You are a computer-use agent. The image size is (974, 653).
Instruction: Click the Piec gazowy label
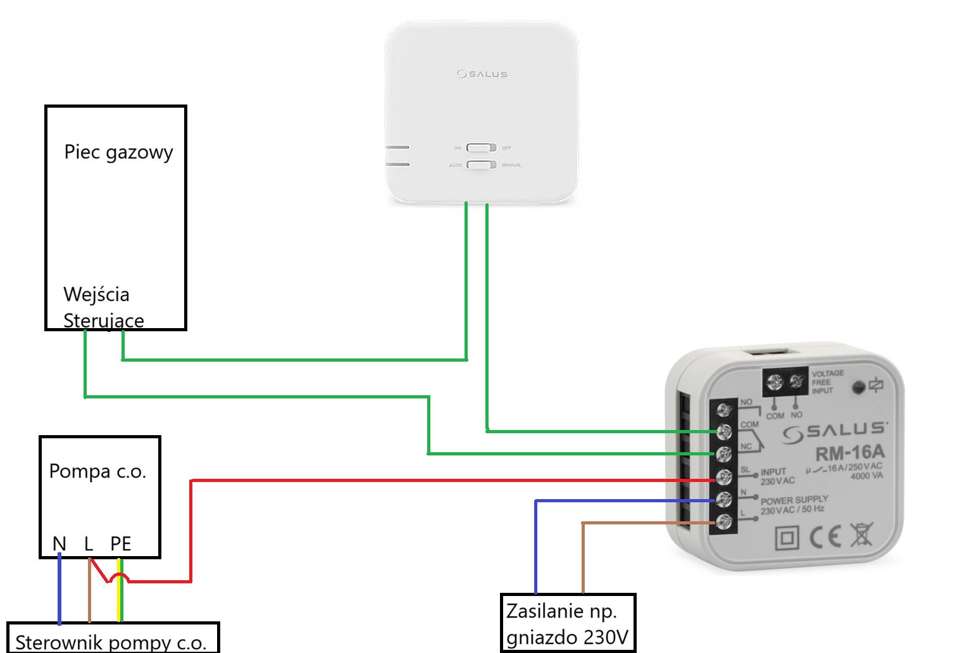118,153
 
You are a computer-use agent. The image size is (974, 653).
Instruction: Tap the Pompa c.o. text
97,472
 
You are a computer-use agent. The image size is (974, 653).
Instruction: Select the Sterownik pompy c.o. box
112,640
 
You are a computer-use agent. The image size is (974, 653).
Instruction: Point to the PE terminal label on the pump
120,543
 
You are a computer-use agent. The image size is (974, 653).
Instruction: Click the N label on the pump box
59,543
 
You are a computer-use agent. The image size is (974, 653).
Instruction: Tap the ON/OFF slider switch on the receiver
482,148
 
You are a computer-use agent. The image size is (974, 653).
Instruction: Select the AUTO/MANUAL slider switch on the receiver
482,165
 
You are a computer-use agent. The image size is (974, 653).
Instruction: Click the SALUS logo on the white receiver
482,74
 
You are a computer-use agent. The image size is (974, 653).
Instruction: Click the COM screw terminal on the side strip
724,431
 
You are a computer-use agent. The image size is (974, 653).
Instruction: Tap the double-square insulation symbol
788,538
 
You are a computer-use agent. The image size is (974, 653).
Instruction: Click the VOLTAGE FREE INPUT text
828,382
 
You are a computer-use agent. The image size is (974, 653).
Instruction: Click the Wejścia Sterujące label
101,307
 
